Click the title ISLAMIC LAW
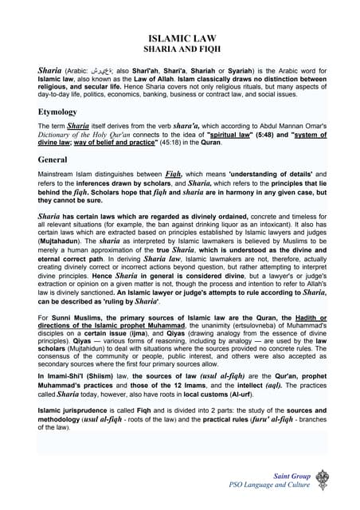179,38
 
